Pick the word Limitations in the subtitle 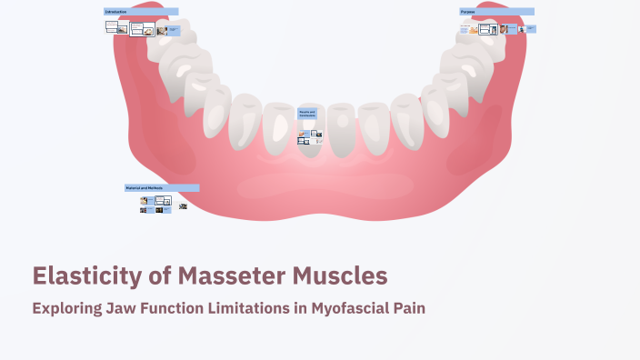coord(246,308)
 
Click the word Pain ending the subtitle coord(408,308)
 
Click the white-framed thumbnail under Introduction coord(138,29)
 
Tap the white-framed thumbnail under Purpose coord(488,29)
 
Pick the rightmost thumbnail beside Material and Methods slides coord(183,206)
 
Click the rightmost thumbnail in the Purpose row coord(531,28)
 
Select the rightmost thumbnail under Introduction coord(174,30)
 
